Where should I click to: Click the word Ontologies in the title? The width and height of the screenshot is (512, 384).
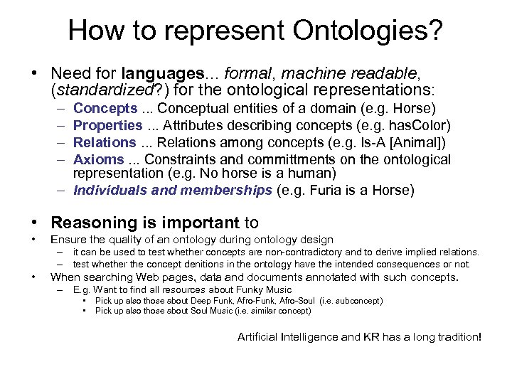point(347,30)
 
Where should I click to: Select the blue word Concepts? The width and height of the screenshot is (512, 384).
point(105,108)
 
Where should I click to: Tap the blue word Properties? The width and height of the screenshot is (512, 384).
point(108,125)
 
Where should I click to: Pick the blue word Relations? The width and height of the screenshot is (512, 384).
point(105,142)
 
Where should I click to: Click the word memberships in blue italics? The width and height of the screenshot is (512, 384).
point(226,190)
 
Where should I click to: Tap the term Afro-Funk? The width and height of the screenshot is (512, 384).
point(239,301)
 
